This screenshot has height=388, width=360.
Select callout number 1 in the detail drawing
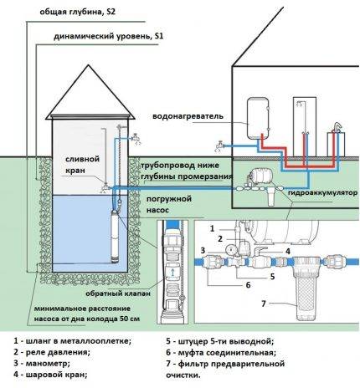coord(213,227)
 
